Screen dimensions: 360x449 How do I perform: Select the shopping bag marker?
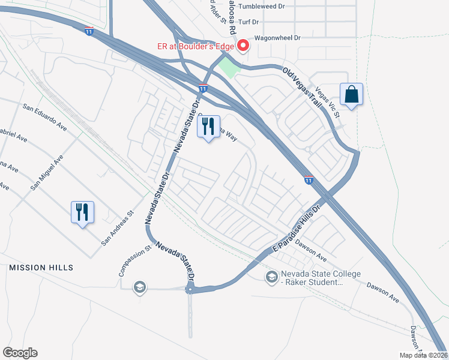(351, 95)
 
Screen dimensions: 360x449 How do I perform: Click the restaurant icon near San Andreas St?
(83, 212)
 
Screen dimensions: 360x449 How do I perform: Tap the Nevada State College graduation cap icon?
(272, 276)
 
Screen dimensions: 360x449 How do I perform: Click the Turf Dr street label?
(248, 22)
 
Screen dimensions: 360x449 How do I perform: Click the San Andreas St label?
(116, 229)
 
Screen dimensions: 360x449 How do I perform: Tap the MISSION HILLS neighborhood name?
(41, 267)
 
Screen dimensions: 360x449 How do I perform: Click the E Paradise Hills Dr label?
(298, 230)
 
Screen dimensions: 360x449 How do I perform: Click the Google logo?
(20, 353)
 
